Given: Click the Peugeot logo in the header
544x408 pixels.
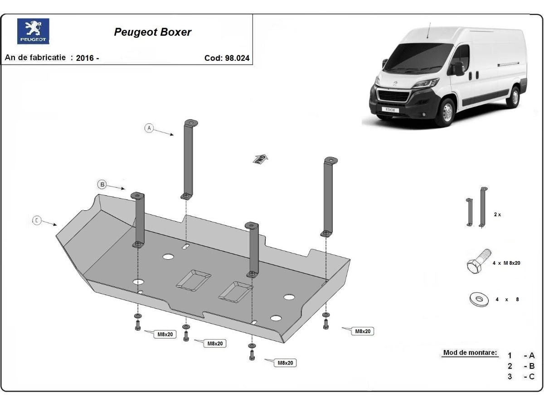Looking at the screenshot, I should pos(33,31).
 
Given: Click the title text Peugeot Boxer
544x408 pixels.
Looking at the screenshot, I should pos(152,32).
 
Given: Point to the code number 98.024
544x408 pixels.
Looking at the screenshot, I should pos(237,58).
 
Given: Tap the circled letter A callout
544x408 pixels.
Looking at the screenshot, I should pos(149,128).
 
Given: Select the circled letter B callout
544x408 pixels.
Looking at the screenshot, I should pos(102,184).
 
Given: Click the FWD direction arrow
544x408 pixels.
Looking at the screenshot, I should pos(261,159).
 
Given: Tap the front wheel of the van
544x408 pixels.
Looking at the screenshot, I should pos(445,112).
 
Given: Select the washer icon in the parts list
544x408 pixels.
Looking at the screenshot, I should pos(478,299).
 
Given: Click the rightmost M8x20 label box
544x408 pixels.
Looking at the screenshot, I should pos(363,331).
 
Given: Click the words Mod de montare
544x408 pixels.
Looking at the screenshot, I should pos(470,353).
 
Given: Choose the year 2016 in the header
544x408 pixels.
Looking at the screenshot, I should pos(85,58).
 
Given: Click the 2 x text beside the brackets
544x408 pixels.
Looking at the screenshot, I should pos(497,214).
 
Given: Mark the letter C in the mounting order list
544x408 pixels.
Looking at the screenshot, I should pos(532,377).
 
